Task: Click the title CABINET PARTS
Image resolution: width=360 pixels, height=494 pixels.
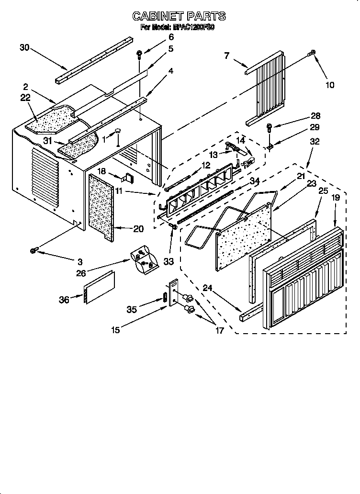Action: pyautogui.click(x=179, y=16)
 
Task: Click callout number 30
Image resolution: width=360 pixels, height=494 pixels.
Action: pyautogui.click(x=24, y=47)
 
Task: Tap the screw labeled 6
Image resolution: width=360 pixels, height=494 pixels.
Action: pyautogui.click(x=139, y=54)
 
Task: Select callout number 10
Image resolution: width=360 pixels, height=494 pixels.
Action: pyautogui.click(x=330, y=85)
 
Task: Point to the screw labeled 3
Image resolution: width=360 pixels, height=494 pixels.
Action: pyautogui.click(x=35, y=249)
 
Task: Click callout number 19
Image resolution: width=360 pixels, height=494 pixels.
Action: pyautogui.click(x=337, y=197)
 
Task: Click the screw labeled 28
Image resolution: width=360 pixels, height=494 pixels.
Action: pyautogui.click(x=270, y=127)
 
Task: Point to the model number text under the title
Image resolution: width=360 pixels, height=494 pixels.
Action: pyautogui.click(x=177, y=28)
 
